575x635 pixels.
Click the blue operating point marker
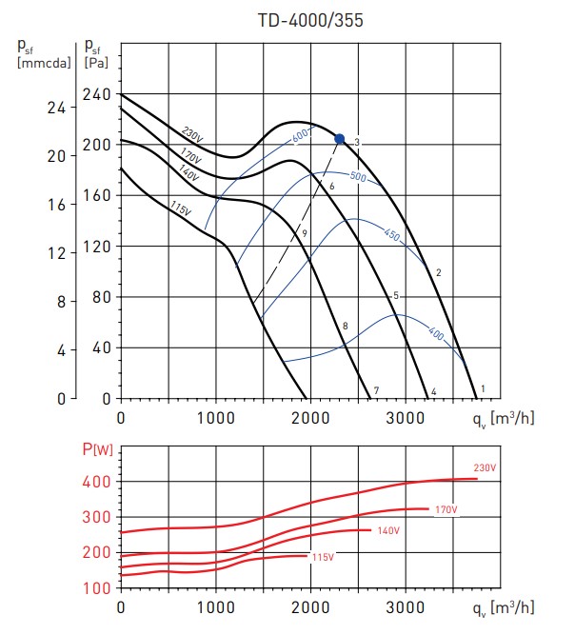(x=339, y=139)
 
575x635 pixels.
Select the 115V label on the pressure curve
(x=182, y=207)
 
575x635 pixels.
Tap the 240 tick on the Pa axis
(x=99, y=94)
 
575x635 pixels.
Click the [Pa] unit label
(x=95, y=63)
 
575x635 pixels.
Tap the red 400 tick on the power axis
(x=97, y=482)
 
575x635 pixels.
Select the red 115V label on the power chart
(x=325, y=556)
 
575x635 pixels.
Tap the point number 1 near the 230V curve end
(x=484, y=388)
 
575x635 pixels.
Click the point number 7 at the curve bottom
(x=376, y=390)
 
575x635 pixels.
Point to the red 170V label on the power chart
(x=446, y=510)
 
